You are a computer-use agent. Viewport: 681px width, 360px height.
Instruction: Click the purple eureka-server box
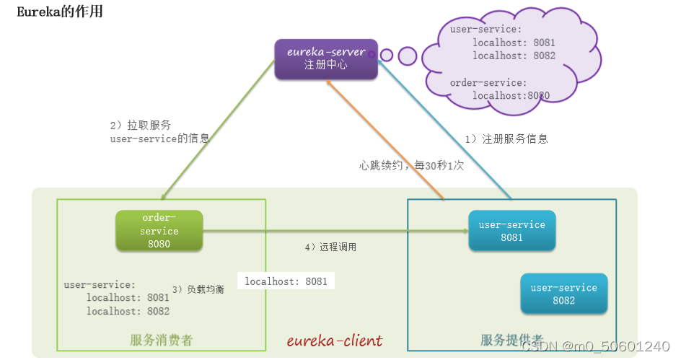326,59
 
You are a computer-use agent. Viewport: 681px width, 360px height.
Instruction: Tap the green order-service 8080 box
159,231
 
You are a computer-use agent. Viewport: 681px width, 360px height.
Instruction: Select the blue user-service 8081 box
511,231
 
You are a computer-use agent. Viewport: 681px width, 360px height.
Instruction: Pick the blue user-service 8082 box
563,294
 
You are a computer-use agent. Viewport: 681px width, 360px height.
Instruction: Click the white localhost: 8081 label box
286,281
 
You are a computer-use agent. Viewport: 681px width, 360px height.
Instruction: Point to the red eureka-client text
335,341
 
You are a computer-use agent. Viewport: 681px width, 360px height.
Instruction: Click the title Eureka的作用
60,12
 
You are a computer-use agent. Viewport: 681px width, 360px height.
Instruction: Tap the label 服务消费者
161,340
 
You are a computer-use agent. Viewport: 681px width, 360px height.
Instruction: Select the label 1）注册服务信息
506,139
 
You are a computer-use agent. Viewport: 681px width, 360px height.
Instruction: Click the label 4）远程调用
330,247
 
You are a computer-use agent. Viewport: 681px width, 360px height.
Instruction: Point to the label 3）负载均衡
198,289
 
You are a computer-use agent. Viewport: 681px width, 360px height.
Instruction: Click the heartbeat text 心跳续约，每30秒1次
411,165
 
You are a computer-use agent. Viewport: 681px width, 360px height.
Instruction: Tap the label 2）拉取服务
140,125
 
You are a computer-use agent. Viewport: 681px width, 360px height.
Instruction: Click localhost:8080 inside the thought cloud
511,95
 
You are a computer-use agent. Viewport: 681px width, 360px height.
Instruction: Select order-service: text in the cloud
488,82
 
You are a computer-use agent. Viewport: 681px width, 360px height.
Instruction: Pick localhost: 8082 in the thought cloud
514,56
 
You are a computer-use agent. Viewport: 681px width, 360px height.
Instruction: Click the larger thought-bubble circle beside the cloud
408,56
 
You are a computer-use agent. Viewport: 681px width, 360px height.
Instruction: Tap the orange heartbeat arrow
385,140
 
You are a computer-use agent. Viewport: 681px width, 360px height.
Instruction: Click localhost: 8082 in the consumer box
128,311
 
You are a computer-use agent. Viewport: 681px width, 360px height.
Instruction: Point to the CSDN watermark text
595,346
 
